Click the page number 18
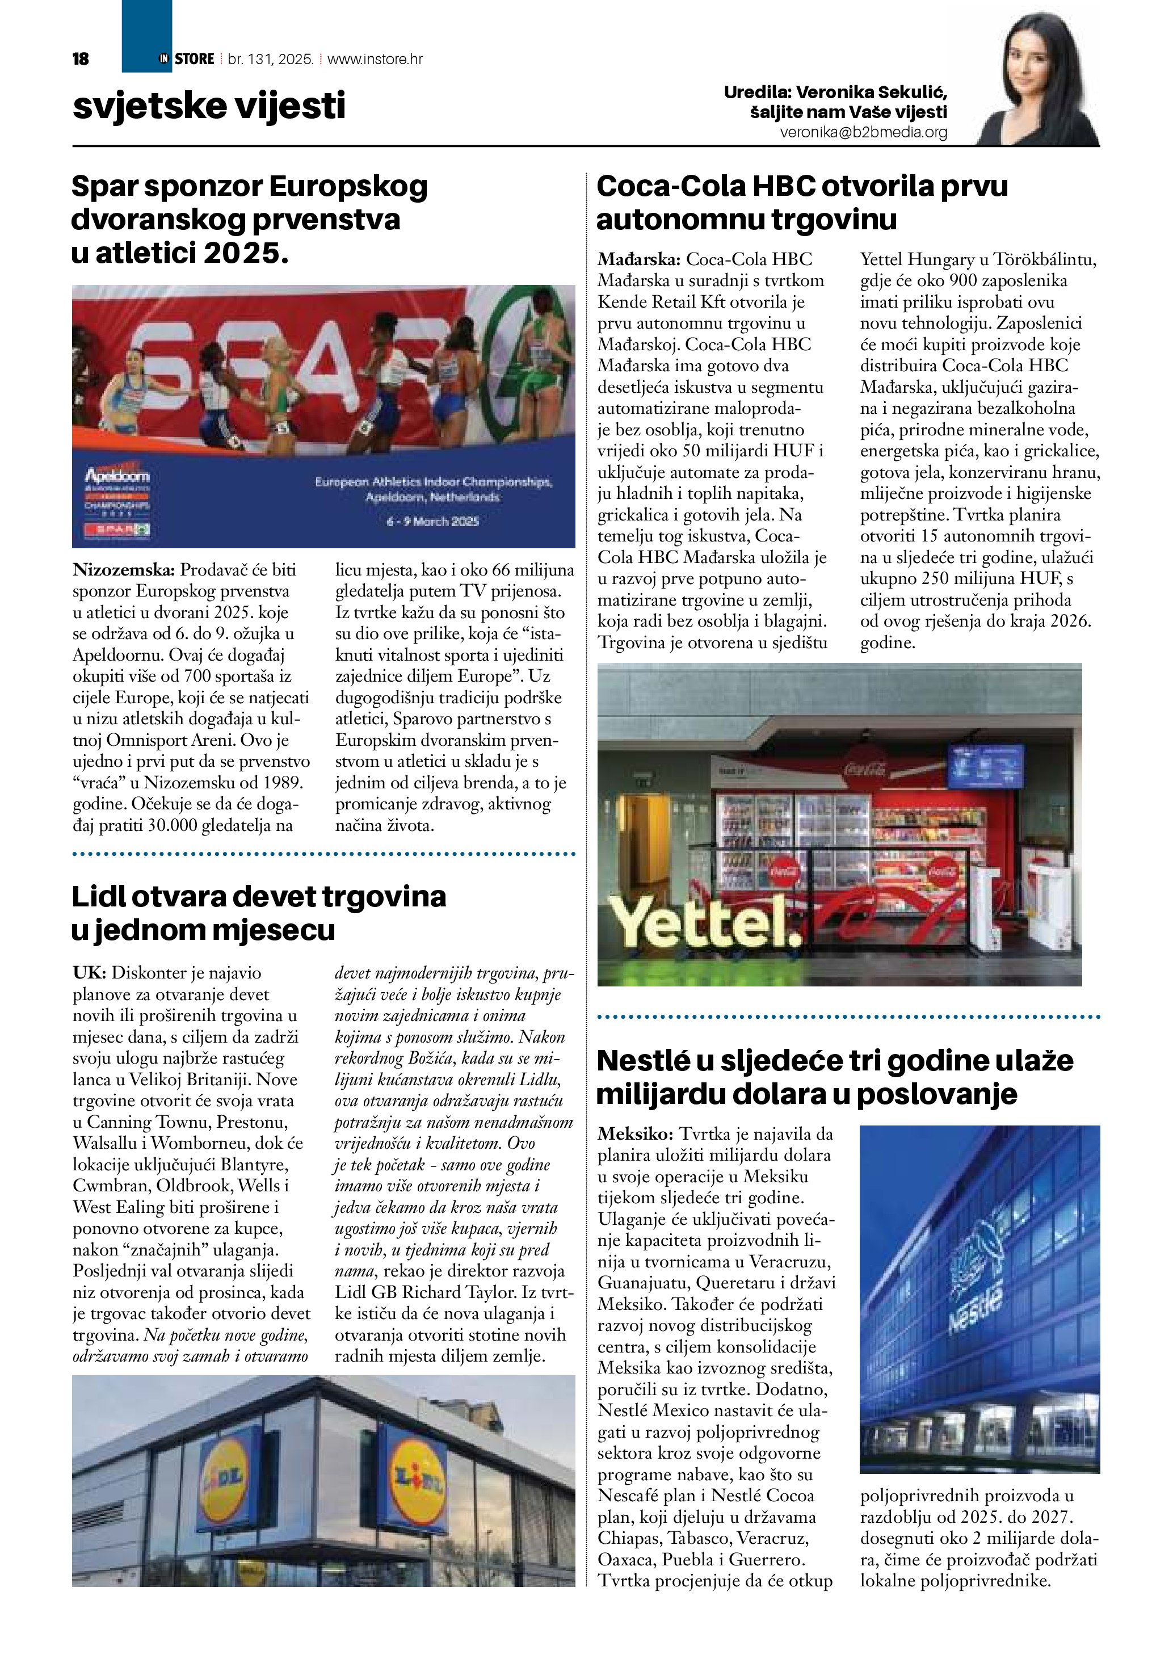coord(80,59)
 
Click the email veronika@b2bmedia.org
coord(863,133)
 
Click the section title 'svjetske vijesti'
coord(209,106)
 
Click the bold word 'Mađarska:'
coord(638,259)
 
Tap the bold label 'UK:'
coord(90,973)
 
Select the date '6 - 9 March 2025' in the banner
coord(432,521)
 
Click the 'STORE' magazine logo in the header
coord(194,59)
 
